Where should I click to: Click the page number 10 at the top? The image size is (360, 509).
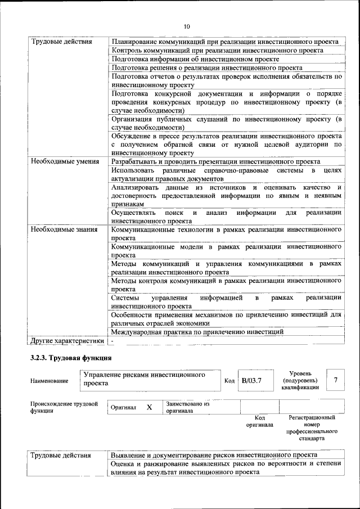[187, 26]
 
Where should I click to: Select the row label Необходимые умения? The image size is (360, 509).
[61, 161]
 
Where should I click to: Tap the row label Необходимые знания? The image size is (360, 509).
[64, 229]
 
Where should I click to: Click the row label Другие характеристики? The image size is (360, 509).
[67, 341]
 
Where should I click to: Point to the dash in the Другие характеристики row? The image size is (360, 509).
[112, 341]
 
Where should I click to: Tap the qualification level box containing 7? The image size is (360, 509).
[335, 381]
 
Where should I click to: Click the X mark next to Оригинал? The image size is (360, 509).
[150, 407]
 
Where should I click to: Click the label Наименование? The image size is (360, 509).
[49, 381]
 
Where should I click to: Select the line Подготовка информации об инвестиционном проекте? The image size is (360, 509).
[195, 59]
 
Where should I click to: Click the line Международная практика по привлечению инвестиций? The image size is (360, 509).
[197, 332]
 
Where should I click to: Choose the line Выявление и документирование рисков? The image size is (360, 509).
[214, 454]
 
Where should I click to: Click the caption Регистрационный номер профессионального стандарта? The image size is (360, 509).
[311, 428]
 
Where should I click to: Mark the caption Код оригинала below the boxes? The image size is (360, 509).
[259, 421]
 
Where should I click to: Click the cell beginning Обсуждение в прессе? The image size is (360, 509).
[226, 145]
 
